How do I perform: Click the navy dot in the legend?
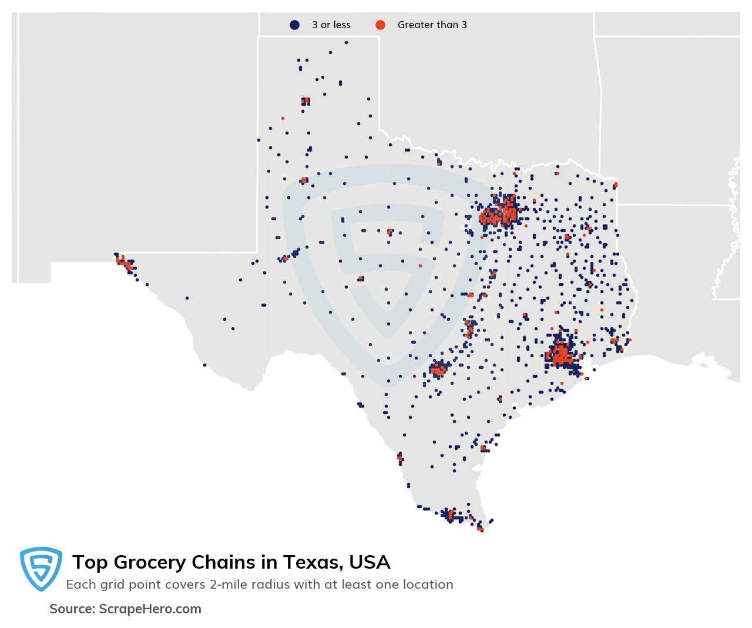point(294,25)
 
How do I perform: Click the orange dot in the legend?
point(380,25)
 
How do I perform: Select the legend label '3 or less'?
point(331,25)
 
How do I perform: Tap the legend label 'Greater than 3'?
point(432,25)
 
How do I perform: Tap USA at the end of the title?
point(370,562)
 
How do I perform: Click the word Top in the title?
point(89,562)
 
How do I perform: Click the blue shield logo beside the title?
point(41,568)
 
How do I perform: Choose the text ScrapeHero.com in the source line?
point(150,609)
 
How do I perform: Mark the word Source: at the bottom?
point(72,609)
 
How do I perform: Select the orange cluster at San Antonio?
point(438,370)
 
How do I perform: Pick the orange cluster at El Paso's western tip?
point(123,262)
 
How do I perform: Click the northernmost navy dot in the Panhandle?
point(346,42)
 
